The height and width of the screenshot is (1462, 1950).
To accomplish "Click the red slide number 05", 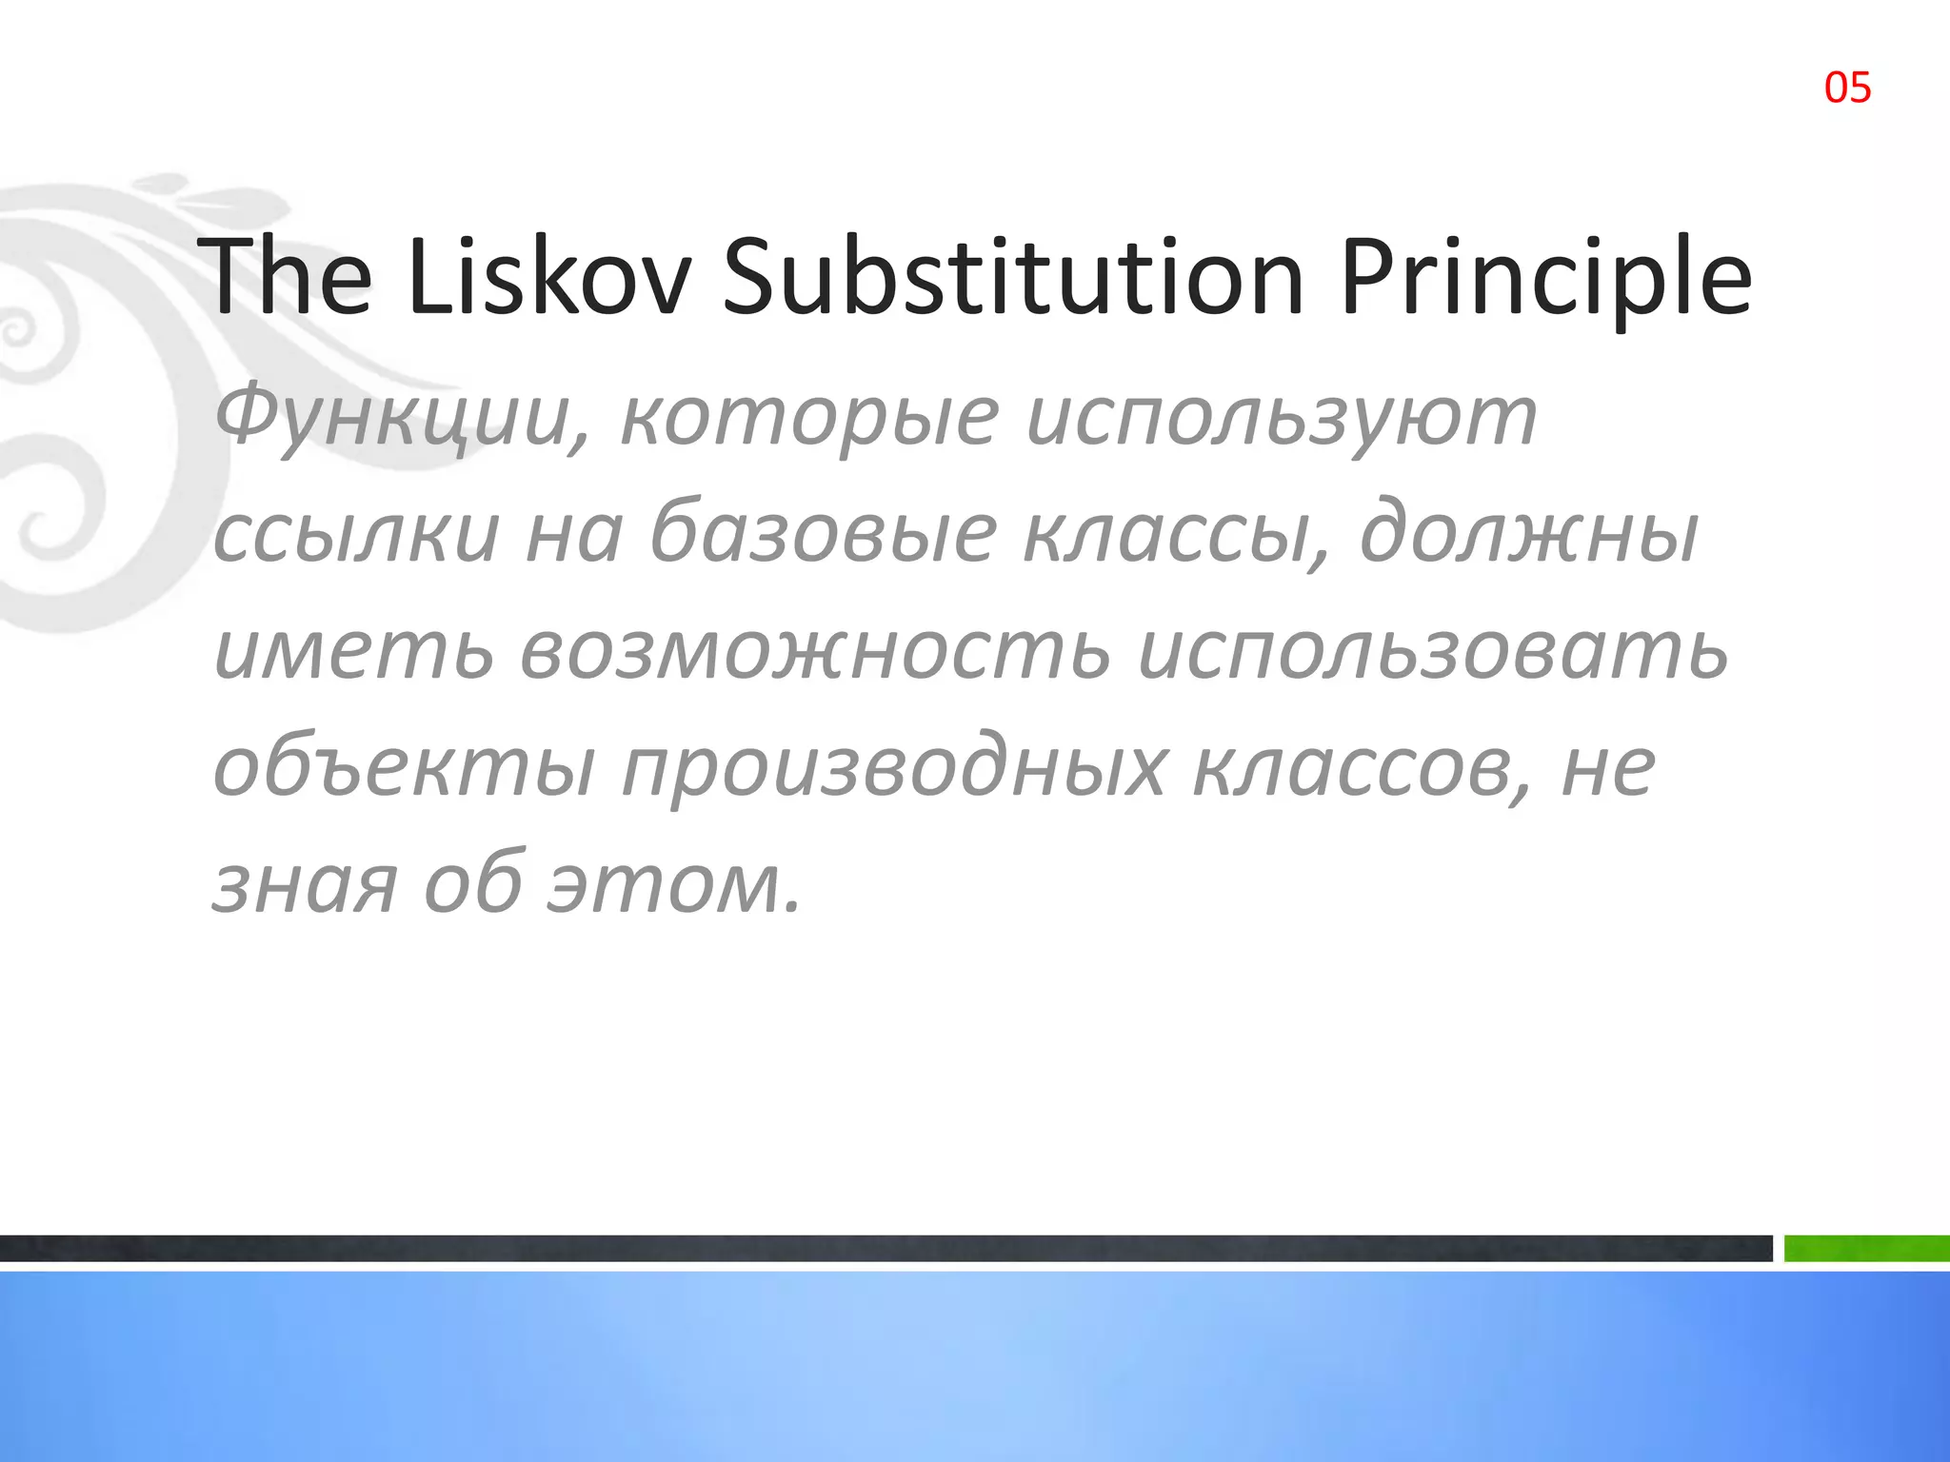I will point(1847,88).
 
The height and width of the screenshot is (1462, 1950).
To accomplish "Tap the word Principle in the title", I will point(1544,278).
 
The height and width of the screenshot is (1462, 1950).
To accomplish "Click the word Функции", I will point(402,419).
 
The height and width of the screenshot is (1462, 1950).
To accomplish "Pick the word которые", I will point(809,419).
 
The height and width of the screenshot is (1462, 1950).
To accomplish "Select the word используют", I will point(1282,419).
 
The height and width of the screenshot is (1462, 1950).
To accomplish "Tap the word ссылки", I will point(356,535).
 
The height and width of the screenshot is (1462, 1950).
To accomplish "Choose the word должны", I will point(1529,535).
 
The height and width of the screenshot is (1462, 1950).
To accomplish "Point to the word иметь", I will point(354,653).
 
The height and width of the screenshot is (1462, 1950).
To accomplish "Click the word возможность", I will point(815,653).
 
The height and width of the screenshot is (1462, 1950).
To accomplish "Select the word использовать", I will point(1432,653).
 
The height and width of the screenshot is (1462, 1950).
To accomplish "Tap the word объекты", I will point(405,769).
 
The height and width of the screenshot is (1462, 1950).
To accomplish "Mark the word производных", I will point(893,769).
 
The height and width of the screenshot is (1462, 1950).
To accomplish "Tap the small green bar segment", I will point(1866,1248).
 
